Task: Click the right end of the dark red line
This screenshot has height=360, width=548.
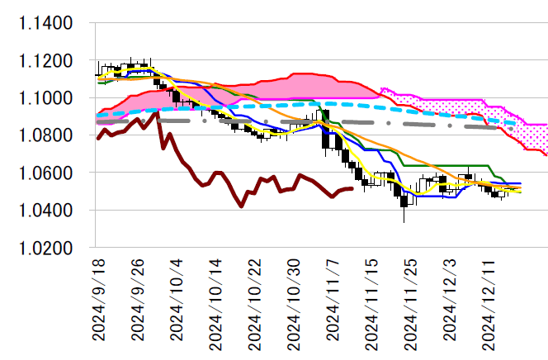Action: (x=352, y=189)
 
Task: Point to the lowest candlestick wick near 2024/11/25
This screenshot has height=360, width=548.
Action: (x=404, y=221)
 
